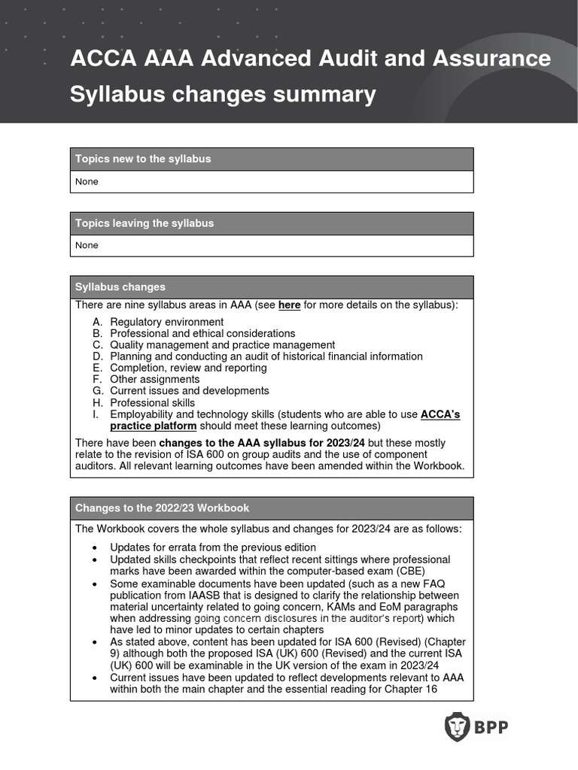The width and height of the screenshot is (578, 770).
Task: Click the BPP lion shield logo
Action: click(456, 727)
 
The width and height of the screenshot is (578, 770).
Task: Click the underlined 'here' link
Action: click(289, 305)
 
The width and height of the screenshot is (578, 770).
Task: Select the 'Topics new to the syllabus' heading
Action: click(143, 159)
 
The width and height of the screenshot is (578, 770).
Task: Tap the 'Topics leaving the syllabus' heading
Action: click(144, 223)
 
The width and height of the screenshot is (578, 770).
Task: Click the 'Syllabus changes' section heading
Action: click(120, 287)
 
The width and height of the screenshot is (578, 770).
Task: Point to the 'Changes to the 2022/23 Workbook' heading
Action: click(162, 508)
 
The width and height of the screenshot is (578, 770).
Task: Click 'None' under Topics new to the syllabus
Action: click(87, 181)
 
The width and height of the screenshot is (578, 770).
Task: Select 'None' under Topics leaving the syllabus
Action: click(87, 245)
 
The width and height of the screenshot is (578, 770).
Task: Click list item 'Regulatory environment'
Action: click(166, 322)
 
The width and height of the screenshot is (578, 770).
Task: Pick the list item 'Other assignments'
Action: click(154, 380)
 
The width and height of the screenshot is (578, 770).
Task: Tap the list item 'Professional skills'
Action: click(152, 403)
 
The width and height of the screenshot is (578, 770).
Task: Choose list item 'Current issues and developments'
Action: click(189, 391)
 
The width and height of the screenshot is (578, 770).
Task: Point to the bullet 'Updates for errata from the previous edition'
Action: click(213, 547)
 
